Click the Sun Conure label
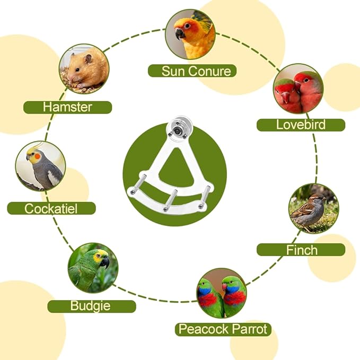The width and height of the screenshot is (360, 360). coord(192,71)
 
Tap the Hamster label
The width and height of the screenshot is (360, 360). coord(67,107)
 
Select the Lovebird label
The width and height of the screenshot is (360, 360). coord(301,125)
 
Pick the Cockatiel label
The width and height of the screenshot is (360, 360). coord(51,208)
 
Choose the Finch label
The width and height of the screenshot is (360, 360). coord(301,250)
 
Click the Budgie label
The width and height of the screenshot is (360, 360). coord(92,306)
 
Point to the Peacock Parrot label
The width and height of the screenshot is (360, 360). coord(223,329)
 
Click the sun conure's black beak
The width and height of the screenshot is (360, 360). coord(180,34)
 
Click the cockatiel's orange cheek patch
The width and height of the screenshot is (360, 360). coord(38,156)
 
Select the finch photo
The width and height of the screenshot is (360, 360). coord(314,208)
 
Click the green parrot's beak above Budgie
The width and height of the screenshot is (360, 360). coord(105,262)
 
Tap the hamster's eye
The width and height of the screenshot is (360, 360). coord(77,69)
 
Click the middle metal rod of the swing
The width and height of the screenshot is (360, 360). coord(170,199)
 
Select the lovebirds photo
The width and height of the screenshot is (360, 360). coord(298,89)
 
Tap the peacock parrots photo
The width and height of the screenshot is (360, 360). coord(222,293)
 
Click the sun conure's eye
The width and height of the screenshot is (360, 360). coord(187,25)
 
